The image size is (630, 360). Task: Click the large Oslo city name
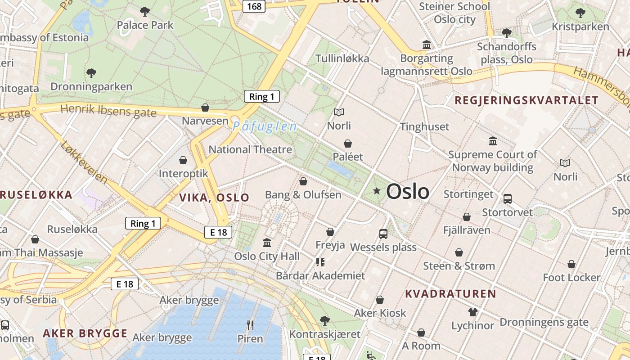408,192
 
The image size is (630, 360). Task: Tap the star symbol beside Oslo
377,191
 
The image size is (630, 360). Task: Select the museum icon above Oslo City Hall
267,243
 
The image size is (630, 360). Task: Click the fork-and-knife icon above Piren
250,324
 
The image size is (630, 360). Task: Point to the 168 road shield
253,6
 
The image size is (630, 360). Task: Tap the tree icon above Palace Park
145,11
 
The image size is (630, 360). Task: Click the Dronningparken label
91,86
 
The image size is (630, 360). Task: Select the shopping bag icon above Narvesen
205,108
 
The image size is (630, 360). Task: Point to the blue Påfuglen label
265,126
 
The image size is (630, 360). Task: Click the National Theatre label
250,149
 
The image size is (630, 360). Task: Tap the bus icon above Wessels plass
383,234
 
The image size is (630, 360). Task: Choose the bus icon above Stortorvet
507,198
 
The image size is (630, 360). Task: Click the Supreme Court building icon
493,141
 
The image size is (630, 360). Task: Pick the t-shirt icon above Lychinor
472,312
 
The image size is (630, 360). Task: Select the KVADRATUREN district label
450,294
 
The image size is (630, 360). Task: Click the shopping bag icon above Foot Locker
571,264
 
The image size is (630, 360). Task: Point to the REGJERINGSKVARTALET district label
526,100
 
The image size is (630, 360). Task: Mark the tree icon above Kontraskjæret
324,321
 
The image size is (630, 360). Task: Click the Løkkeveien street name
84,162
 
